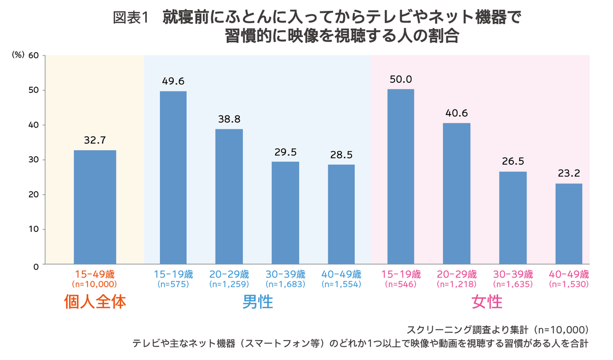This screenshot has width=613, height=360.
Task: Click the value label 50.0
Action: click(401, 79)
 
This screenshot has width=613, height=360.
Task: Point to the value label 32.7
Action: click(95, 140)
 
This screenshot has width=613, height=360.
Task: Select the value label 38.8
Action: click(229, 119)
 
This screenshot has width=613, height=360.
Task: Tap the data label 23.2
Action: click(569, 174)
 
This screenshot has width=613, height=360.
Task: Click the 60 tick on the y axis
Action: click(33, 55)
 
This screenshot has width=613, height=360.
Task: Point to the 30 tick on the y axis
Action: click(33, 160)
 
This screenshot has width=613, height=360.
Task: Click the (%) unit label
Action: click(18, 55)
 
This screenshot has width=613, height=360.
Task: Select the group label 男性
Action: click(258, 302)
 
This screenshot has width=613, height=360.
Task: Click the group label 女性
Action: click(487, 302)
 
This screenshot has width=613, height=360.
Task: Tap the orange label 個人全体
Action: click(95, 302)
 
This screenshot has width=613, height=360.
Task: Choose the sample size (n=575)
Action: click(173, 284)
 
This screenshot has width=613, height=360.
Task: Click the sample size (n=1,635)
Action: click(512, 284)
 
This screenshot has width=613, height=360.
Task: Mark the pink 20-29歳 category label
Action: click(457, 273)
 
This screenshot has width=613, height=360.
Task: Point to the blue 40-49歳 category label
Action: click(341, 273)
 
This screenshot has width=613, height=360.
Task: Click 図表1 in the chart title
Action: click(130, 18)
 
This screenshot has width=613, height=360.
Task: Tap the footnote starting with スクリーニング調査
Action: click(498, 329)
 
